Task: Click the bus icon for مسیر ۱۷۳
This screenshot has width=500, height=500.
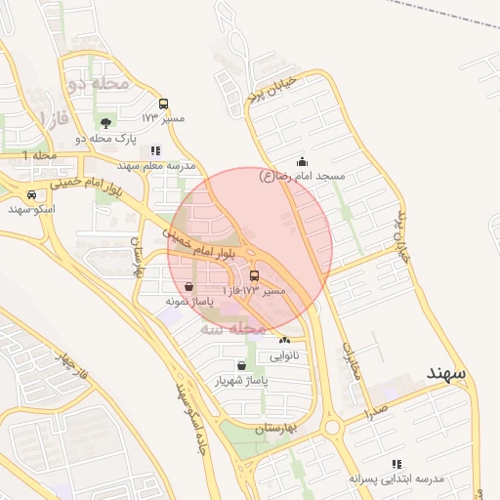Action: pos(163,104)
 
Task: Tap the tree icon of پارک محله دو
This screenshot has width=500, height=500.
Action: pos(105,123)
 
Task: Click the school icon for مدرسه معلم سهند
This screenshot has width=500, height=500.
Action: pos(155,150)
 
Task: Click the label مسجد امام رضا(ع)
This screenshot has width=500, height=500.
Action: pos(303,176)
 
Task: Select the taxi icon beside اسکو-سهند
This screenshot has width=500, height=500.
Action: pos(32,194)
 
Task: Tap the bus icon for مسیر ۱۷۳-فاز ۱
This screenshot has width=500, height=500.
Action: pos(255,276)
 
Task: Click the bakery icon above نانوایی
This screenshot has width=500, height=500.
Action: pos(284,340)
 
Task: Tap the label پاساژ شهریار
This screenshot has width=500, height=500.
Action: pos(241,380)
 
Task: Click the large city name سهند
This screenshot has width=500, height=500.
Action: pos(445,374)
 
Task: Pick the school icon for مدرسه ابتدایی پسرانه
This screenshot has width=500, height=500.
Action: pos(396,464)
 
